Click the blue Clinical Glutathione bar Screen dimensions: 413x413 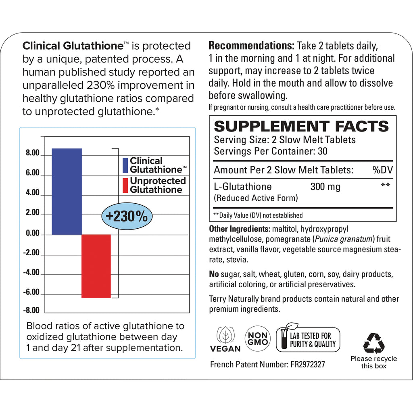[x=67, y=191]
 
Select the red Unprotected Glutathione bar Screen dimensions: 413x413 [x=96, y=266]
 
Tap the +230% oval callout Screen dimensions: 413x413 [x=127, y=217]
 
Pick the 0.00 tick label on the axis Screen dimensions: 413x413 [x=32, y=234]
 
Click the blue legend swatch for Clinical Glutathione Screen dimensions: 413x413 [x=125, y=165]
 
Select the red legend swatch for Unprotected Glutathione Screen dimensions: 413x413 [x=125, y=185]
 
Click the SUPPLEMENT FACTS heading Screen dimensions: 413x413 [x=301, y=126]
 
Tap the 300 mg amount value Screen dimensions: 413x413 [x=325, y=187]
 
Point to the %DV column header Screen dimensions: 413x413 [x=382, y=170]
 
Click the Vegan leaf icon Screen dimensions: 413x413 [x=225, y=334]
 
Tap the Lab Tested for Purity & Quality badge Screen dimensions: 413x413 [x=308, y=340]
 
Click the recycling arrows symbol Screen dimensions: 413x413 [x=373, y=343]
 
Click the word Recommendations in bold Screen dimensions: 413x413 [x=251, y=46]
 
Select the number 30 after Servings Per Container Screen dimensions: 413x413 [x=322, y=151]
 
